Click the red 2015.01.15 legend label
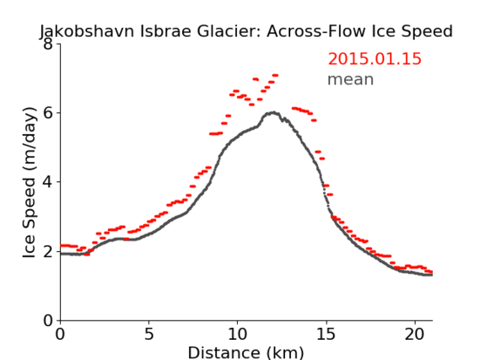375,59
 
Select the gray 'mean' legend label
351,79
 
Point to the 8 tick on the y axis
48,45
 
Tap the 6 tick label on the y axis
48,113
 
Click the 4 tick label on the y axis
48,182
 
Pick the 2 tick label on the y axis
48,251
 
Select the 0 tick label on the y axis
48,320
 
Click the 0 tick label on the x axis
60,335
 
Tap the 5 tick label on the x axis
148,335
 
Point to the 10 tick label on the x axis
237,335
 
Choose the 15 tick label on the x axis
326,335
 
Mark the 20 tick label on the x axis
415,335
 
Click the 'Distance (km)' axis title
245,352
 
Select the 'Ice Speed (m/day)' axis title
30,182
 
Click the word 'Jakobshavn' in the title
87,31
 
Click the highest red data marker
275,75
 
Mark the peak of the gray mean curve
273,113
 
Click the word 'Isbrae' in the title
165,31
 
